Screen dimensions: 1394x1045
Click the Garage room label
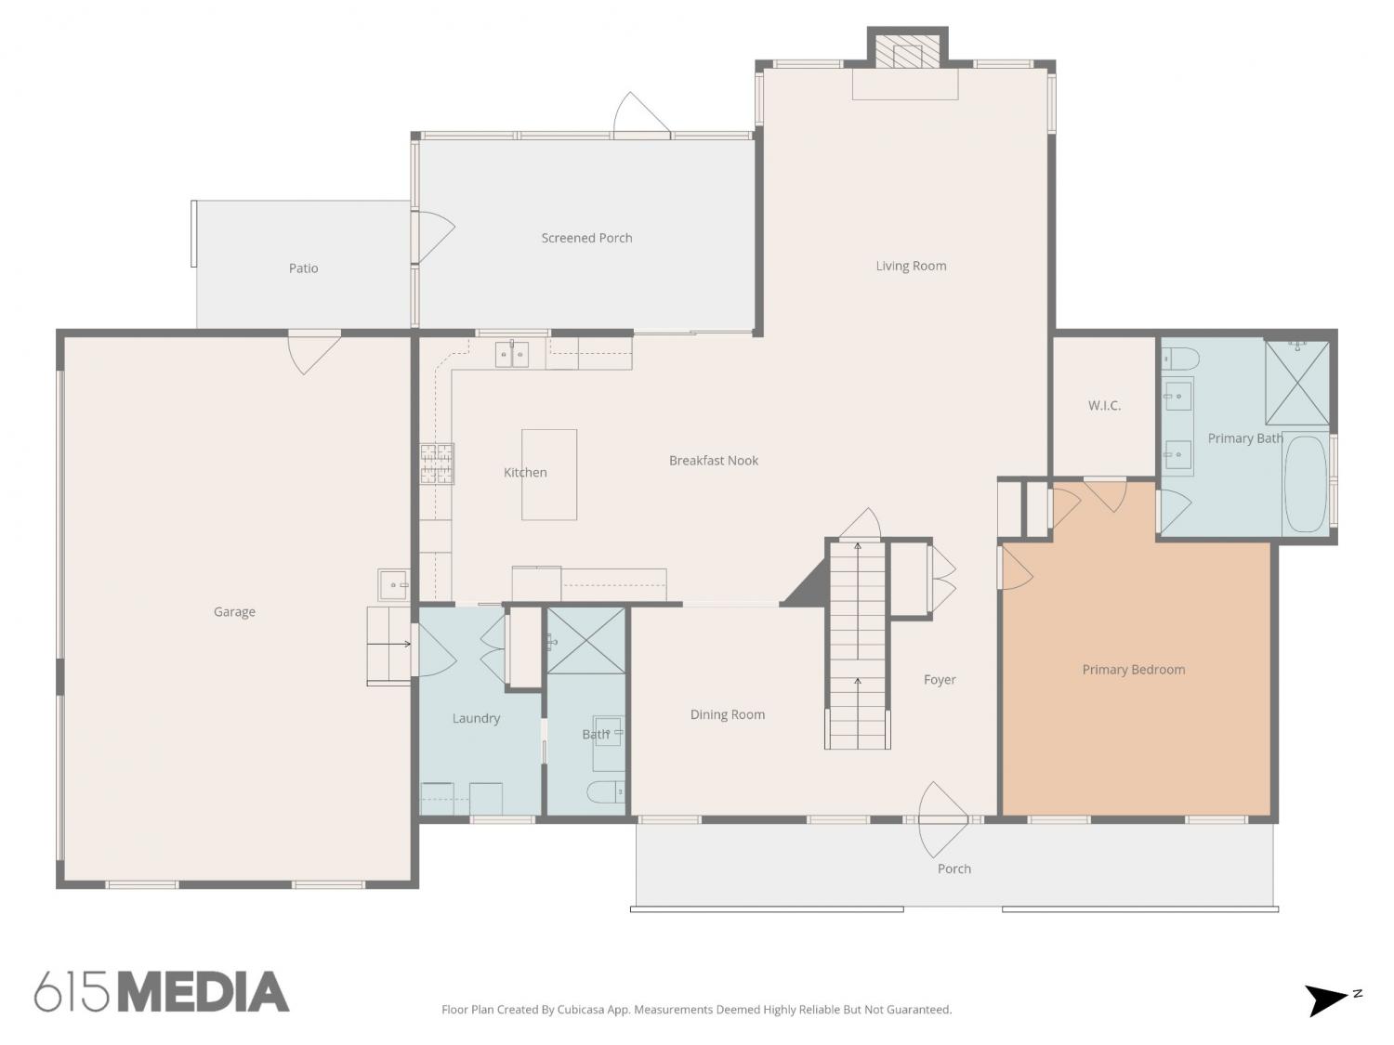click(x=234, y=612)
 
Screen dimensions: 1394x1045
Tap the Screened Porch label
click(x=586, y=238)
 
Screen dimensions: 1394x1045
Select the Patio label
click(x=304, y=268)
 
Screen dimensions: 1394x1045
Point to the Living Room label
click(x=911, y=266)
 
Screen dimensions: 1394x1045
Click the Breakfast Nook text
click(x=713, y=461)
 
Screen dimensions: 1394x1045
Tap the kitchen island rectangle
click(x=549, y=475)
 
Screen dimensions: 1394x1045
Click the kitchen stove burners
click(x=437, y=464)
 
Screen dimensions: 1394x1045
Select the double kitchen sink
click(x=512, y=355)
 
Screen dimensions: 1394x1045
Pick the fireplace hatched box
click(x=908, y=56)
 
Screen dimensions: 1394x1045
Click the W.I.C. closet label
click(x=1104, y=405)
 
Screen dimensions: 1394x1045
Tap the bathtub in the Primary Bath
click(x=1305, y=483)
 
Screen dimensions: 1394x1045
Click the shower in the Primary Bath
click(x=1296, y=383)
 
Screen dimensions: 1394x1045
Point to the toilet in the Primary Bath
click(x=1180, y=359)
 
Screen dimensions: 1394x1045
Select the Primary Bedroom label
click(x=1134, y=670)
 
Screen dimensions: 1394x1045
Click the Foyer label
click(x=940, y=680)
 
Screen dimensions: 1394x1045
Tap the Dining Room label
click(x=727, y=714)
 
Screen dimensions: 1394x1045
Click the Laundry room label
click(x=477, y=718)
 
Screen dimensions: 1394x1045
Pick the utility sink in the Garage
click(x=394, y=584)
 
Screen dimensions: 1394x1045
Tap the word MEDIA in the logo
click(x=205, y=992)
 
